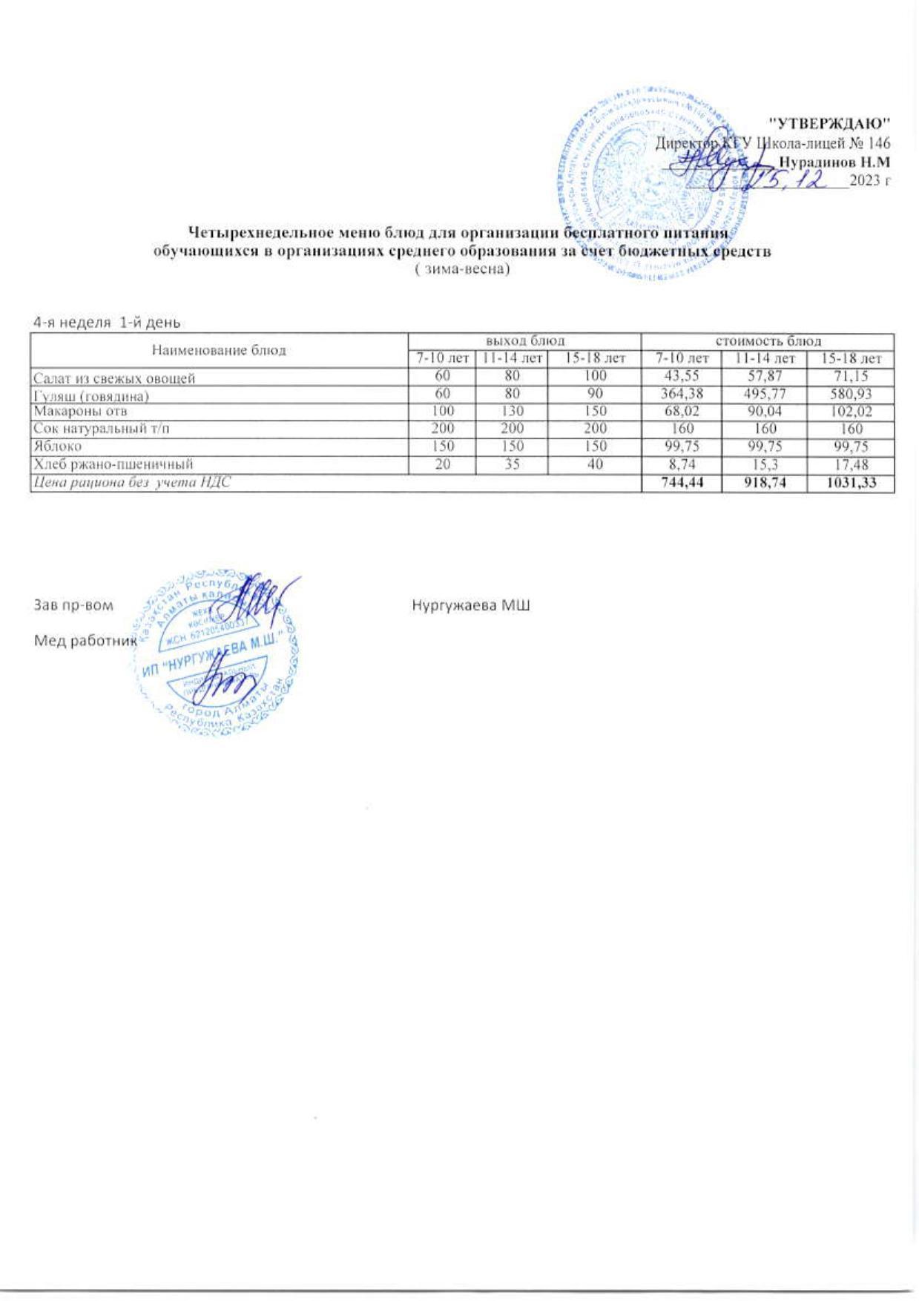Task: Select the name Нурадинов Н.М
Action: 835,161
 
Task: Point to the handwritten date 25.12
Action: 791,180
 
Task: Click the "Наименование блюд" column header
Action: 219,350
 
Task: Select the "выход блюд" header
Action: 525,341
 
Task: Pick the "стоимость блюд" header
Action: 767,341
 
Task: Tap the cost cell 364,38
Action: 680,395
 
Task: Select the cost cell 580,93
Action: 852,395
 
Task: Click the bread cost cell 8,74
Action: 680,464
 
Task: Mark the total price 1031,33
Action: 852,482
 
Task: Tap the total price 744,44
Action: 680,482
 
